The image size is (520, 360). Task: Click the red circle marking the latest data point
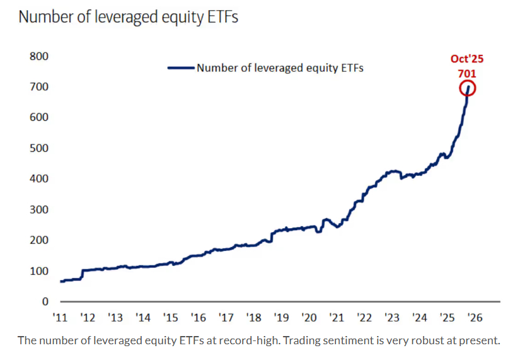tap(468, 88)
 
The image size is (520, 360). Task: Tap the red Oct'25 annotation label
tap(467, 59)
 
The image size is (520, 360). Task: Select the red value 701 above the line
tap(467, 73)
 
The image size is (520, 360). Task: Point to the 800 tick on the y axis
tap(39, 55)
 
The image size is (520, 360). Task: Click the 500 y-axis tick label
tap(39, 148)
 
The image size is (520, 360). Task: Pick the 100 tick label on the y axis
tap(39, 271)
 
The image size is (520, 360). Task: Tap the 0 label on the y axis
tap(45, 302)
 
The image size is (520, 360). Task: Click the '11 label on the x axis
tap(61, 318)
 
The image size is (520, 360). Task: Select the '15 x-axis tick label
tap(171, 318)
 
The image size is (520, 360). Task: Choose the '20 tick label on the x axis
tap(309, 318)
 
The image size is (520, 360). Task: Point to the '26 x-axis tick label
tap(475, 318)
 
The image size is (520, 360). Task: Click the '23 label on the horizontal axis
tap(392, 318)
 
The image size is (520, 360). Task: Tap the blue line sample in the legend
tap(181, 67)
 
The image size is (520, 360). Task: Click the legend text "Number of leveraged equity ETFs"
tap(280, 67)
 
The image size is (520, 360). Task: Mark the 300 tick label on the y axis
tap(39, 209)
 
